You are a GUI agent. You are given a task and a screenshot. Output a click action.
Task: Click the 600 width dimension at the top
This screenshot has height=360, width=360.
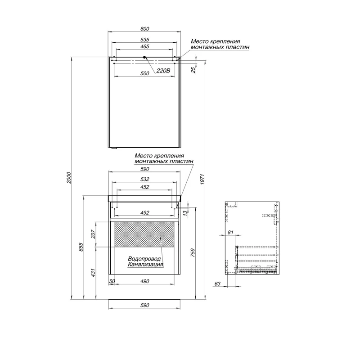144,29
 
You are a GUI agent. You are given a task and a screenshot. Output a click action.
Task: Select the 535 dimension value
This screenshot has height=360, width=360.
144,40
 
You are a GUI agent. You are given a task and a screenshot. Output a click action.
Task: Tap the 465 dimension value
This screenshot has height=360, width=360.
144,47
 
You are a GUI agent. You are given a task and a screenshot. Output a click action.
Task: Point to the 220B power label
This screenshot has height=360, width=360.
163,71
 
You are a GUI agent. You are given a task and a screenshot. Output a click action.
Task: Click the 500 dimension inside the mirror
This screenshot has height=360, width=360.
144,73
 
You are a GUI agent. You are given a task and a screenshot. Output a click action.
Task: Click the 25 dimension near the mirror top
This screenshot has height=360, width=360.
194,70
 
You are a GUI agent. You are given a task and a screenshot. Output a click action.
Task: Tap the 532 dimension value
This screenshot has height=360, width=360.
144,179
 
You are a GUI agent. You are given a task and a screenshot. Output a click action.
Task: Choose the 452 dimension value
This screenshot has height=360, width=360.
144,187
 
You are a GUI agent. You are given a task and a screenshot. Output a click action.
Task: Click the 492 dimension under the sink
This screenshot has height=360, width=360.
144,213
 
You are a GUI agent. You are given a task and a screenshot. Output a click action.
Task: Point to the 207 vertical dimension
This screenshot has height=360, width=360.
93,234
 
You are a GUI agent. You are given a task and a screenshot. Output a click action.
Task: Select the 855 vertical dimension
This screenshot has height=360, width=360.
81,247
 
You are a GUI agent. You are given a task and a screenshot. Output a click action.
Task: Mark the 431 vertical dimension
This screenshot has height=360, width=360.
93,273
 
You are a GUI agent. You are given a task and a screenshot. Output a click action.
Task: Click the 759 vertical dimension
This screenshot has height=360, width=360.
193,252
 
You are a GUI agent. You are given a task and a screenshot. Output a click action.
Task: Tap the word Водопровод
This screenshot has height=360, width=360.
144,259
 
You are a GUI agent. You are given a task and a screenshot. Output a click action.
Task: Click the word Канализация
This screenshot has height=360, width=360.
145,265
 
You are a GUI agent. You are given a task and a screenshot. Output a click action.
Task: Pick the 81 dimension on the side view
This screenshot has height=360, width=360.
230,233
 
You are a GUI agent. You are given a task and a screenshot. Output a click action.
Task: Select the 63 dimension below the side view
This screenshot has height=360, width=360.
217,284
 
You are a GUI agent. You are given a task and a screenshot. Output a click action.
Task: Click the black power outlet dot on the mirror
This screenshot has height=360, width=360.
144,58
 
